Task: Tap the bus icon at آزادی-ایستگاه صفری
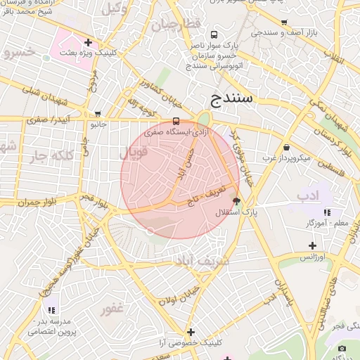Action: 176,120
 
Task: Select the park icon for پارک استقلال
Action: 236,201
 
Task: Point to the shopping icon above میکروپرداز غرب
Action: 287,147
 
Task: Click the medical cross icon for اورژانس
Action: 312,245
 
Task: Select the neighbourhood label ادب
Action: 304,194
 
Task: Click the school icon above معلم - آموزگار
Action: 327,212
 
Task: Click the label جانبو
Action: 97,124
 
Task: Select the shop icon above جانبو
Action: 97,113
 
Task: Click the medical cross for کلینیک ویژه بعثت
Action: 87,42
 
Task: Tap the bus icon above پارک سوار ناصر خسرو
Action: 213,34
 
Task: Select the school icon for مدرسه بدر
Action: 51,309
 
